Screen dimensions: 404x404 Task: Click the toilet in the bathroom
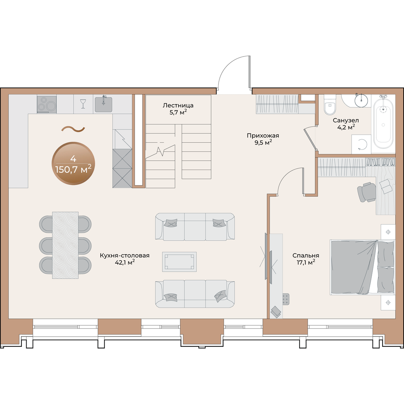[330, 105]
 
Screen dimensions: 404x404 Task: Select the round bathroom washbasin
[361, 100]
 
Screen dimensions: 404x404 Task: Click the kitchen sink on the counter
[103, 104]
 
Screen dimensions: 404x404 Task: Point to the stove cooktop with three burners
[47, 104]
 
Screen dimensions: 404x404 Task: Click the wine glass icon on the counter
[83, 104]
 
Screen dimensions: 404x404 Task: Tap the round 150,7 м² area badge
[73, 163]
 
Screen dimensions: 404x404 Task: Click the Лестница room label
[178, 105]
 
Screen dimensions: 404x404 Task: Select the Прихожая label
[263, 136]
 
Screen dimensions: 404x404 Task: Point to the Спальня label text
[306, 256]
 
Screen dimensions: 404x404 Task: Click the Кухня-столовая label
[125, 256]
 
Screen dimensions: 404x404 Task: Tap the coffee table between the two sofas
[179, 262]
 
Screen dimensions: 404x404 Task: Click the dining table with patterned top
[65, 245]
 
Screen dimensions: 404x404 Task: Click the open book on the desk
[385, 186]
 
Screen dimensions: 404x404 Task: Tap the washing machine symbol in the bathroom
[361, 144]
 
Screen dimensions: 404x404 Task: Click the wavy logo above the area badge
[73, 129]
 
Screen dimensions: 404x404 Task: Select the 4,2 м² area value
[346, 127]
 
